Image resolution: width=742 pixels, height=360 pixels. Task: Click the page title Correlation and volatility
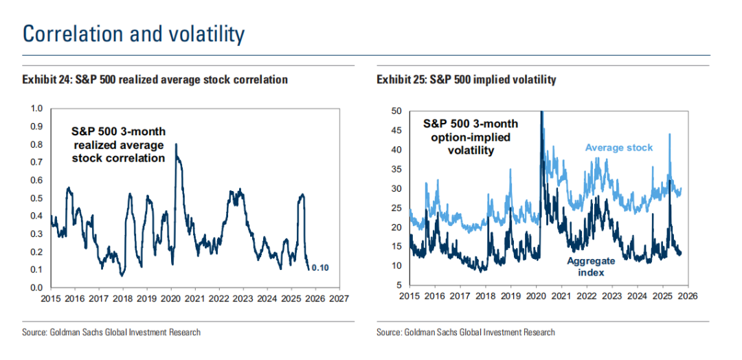click(x=134, y=34)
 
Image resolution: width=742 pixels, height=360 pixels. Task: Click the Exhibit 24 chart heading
click(x=155, y=80)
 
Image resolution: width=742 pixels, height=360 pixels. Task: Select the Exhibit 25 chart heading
click(x=466, y=80)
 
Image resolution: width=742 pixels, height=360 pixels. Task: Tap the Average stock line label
click(x=619, y=147)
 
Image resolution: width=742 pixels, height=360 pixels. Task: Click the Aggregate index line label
click(x=591, y=267)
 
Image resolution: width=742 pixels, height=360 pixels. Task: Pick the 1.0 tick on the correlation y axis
click(x=38, y=109)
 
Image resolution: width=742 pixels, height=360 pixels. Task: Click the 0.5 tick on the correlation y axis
click(x=38, y=198)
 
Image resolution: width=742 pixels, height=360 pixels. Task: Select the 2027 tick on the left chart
click(x=339, y=299)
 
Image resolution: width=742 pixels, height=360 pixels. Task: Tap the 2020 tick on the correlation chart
click(x=170, y=299)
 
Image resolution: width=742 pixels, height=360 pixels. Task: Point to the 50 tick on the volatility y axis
click(x=396, y=111)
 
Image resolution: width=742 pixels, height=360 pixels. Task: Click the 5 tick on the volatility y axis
click(x=398, y=285)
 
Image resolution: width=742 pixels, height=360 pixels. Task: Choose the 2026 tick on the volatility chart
click(x=688, y=296)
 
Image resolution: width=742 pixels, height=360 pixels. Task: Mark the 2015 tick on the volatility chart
click(x=409, y=296)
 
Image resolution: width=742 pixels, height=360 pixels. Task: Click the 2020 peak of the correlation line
click(x=177, y=144)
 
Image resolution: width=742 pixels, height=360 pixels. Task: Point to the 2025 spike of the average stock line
click(x=669, y=134)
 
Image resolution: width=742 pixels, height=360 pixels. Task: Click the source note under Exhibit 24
click(x=111, y=333)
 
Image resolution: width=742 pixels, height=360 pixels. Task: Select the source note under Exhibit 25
click(x=466, y=333)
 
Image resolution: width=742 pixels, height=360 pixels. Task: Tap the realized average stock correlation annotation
click(x=119, y=144)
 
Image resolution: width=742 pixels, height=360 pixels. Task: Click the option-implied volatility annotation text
click(x=469, y=137)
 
